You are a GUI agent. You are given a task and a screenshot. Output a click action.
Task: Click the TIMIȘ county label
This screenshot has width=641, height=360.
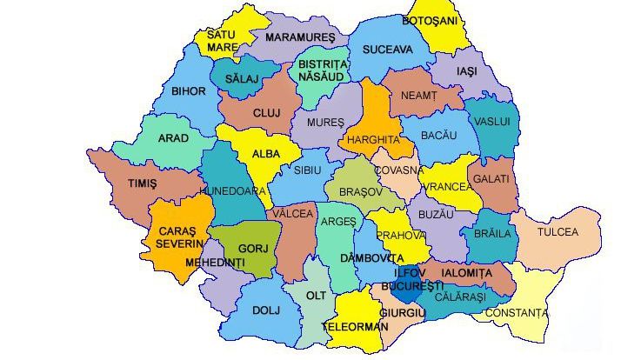(x=142, y=184)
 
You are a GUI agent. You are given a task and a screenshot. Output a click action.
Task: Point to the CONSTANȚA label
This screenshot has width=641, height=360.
(x=517, y=313)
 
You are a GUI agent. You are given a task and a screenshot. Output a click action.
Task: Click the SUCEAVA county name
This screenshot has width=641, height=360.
(x=387, y=50)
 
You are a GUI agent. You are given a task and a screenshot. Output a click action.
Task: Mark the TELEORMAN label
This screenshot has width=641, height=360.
(x=353, y=327)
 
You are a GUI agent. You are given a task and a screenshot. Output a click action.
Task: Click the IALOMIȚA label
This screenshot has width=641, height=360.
(x=466, y=273)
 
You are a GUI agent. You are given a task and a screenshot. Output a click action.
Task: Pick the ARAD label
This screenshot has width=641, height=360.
(x=172, y=138)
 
